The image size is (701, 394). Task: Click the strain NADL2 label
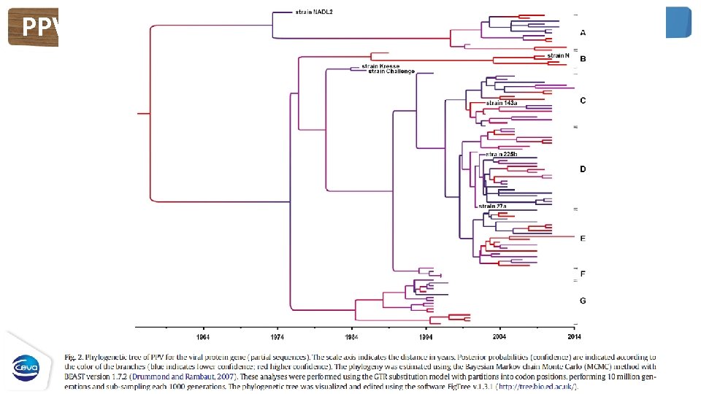(314, 12)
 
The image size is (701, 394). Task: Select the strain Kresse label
(380, 66)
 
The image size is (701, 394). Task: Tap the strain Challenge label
(391, 72)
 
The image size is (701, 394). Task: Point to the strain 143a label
(502, 103)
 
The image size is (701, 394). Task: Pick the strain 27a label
(493, 206)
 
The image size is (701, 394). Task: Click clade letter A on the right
(582, 33)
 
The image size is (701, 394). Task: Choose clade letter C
(582, 100)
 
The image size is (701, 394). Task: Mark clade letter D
(582, 169)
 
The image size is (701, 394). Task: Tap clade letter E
(582, 239)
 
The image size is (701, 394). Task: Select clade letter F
(582, 274)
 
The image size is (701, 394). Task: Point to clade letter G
(582, 300)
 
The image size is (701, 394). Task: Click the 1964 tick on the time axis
(204, 337)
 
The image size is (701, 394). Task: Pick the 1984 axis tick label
(352, 337)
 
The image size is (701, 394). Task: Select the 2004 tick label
(499, 337)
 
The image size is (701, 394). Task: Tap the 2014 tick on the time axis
(574, 337)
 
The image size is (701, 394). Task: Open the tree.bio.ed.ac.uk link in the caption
(538, 386)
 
